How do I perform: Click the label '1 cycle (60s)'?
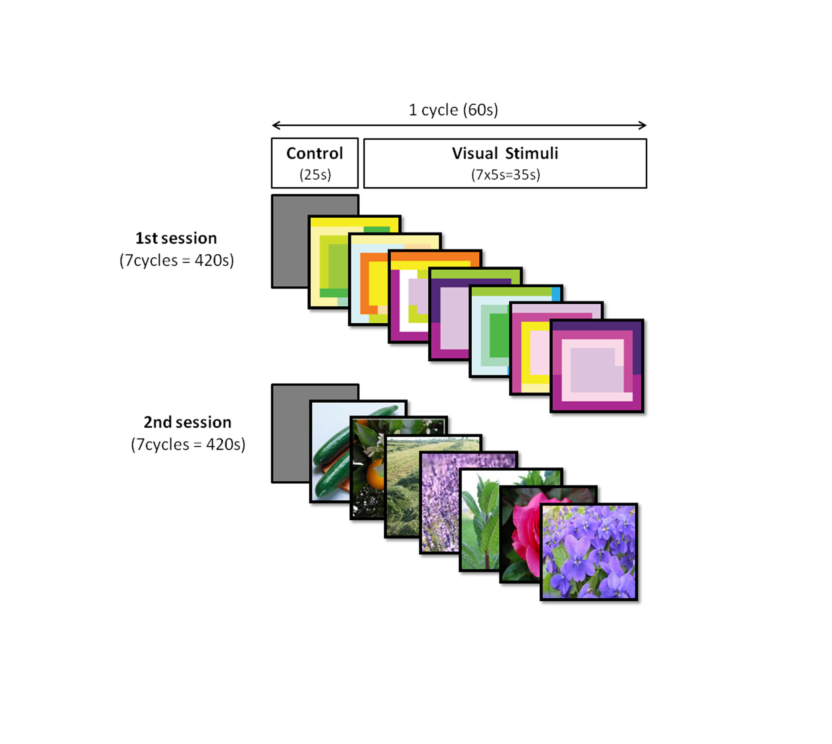pyautogui.click(x=453, y=110)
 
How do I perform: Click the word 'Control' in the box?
pyautogui.click(x=315, y=153)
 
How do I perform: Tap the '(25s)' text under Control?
pyautogui.click(x=315, y=175)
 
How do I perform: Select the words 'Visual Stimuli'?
pyautogui.click(x=504, y=153)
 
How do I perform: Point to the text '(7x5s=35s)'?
pyautogui.click(x=505, y=175)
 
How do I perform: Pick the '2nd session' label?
pyautogui.click(x=187, y=422)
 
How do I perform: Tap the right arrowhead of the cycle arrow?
pyautogui.click(x=644, y=125)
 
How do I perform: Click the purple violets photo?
pyautogui.click(x=589, y=552)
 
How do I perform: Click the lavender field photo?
pyautogui.click(x=440, y=503)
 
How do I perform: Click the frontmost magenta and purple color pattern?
pyautogui.click(x=597, y=366)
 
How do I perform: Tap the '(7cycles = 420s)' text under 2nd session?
pyautogui.click(x=188, y=444)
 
